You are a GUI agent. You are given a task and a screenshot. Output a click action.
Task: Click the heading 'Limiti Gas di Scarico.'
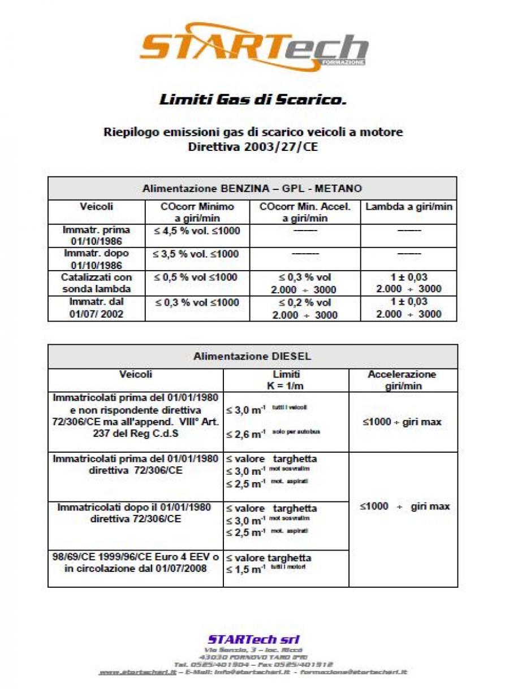252,100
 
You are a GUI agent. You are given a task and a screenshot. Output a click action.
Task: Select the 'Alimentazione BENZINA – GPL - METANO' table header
252,188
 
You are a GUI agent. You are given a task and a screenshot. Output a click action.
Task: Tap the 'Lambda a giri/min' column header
408,207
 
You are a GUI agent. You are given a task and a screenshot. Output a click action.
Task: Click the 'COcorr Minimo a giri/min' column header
197,213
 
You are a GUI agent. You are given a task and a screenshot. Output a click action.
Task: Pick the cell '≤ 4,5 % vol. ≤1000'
195,230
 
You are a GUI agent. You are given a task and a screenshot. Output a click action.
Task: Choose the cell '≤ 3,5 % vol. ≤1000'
195,254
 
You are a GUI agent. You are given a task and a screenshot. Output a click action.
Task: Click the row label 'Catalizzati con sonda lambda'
96,283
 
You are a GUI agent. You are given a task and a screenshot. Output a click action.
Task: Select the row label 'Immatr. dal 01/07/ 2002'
96,307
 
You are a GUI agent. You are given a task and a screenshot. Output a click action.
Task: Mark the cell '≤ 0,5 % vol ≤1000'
195,278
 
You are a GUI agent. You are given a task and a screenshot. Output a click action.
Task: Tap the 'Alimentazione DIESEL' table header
252,357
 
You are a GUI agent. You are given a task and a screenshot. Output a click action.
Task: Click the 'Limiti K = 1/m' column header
286,380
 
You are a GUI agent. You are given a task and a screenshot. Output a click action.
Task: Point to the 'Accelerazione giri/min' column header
402,380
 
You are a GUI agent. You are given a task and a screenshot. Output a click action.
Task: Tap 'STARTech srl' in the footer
253,640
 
